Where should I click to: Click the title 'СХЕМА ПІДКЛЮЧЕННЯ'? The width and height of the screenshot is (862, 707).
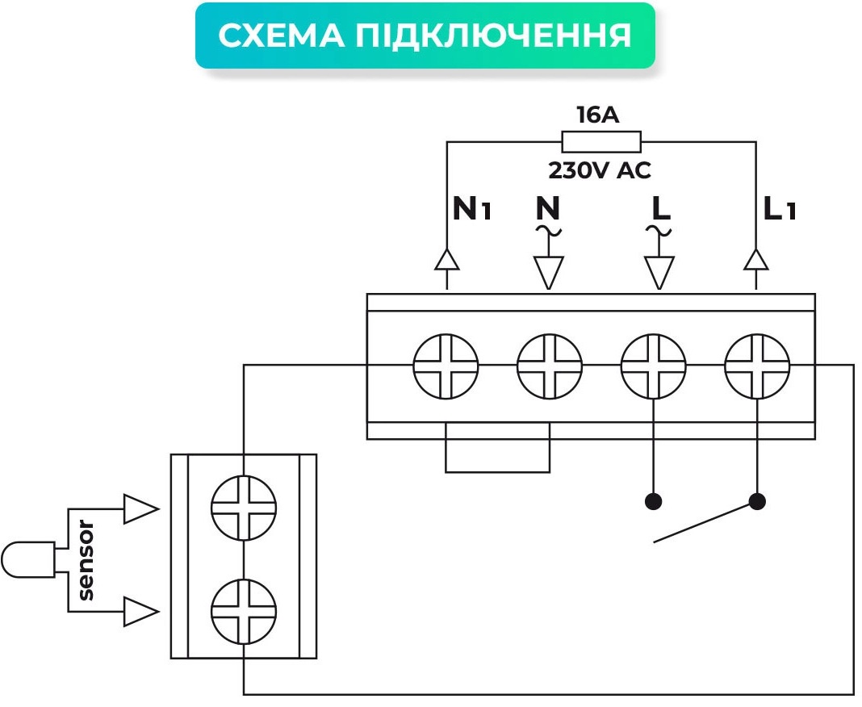(x=425, y=36)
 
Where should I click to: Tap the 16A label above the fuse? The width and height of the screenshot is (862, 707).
(x=597, y=115)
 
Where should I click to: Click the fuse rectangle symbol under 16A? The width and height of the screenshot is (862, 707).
(x=601, y=143)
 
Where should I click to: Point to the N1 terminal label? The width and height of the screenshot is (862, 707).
(x=471, y=210)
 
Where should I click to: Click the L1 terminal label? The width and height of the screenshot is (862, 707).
(x=780, y=210)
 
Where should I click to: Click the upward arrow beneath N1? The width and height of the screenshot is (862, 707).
(x=446, y=259)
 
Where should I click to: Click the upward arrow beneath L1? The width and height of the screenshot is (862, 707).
(x=755, y=259)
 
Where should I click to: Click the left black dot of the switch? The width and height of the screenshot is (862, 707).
(x=654, y=501)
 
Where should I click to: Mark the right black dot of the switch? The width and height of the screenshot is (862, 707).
(x=756, y=501)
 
